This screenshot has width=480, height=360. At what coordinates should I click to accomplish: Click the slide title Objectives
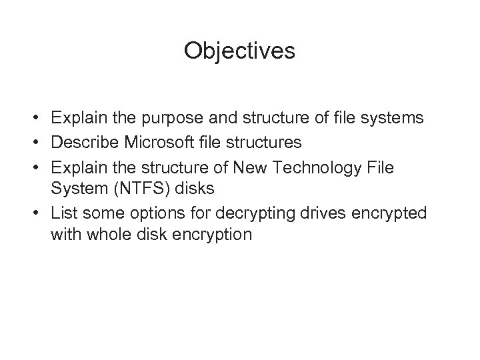coord(239,51)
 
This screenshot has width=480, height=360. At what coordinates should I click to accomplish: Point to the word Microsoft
coord(161,142)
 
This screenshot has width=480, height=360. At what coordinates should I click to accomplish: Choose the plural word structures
coord(265,142)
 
